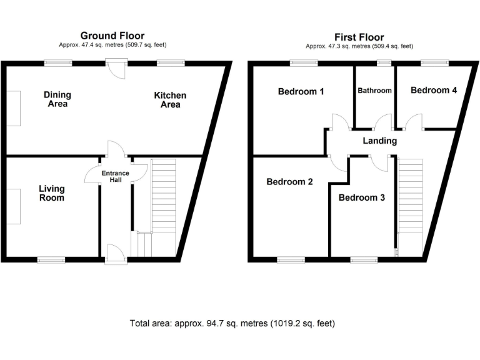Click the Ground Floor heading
113,36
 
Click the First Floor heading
359,37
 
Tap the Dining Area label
57,99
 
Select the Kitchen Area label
170,100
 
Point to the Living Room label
51,193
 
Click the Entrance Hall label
116,176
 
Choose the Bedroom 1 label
301,92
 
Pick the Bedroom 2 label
289,182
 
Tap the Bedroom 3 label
361,198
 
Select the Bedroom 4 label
434,91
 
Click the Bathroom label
374,91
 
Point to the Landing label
379,141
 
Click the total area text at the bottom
232,324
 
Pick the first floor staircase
410,197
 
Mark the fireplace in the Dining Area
14,108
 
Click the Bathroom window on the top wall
384,62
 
